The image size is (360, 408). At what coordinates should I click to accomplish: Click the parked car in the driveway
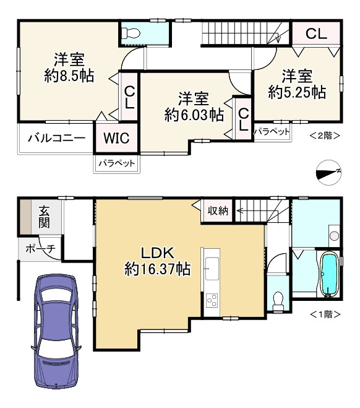56,332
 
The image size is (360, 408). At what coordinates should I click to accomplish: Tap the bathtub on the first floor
330,275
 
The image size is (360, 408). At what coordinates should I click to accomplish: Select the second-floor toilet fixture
131,33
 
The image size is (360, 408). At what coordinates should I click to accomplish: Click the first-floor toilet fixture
278,302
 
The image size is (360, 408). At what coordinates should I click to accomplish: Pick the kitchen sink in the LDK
212,269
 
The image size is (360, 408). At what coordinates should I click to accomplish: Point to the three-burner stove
212,300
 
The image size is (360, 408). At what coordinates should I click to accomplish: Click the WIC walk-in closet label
116,138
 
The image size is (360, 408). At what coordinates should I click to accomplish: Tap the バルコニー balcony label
57,138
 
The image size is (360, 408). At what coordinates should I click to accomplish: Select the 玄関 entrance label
44,217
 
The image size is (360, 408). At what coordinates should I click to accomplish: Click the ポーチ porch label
41,249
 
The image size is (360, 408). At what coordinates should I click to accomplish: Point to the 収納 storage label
218,211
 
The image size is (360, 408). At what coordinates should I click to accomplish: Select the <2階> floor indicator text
325,136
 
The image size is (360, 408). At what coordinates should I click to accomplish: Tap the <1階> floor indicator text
325,315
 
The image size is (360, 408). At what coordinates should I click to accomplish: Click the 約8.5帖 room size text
69,76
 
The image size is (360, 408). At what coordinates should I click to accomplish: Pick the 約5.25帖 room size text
297,92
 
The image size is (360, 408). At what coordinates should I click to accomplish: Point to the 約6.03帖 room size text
194,115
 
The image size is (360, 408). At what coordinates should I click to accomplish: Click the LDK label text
157,253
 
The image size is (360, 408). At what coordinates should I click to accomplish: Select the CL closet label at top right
316,33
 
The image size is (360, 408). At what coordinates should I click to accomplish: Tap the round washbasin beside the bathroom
334,236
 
